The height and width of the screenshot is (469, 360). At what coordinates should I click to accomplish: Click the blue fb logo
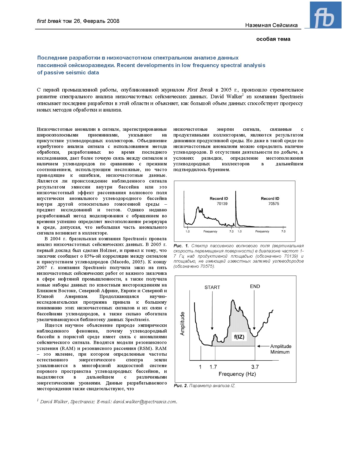pos(325,15)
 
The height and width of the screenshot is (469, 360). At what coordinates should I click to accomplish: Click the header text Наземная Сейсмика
pos(271,25)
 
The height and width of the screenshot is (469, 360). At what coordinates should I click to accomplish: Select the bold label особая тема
pos(273,39)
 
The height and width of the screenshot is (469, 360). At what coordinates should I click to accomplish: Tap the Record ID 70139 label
pos(219,201)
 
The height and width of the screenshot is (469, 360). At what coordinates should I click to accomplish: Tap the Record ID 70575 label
pos(270,201)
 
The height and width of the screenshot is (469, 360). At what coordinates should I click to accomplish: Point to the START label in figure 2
pos(212,287)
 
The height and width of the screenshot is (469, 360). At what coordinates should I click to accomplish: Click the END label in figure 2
pos(255,286)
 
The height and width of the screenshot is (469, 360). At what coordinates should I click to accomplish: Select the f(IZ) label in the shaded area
pos(239,337)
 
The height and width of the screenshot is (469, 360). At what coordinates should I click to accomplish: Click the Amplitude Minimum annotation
pos(281,349)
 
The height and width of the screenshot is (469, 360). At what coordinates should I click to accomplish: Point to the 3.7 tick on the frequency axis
pos(255,367)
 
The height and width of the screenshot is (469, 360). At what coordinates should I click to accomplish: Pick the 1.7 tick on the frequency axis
pos(213,367)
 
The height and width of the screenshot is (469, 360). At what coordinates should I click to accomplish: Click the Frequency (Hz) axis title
pos(237,374)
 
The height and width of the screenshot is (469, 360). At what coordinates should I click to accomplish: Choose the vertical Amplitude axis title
pos(182,324)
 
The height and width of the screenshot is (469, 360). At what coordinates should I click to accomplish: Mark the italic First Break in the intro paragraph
pos(200,90)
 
